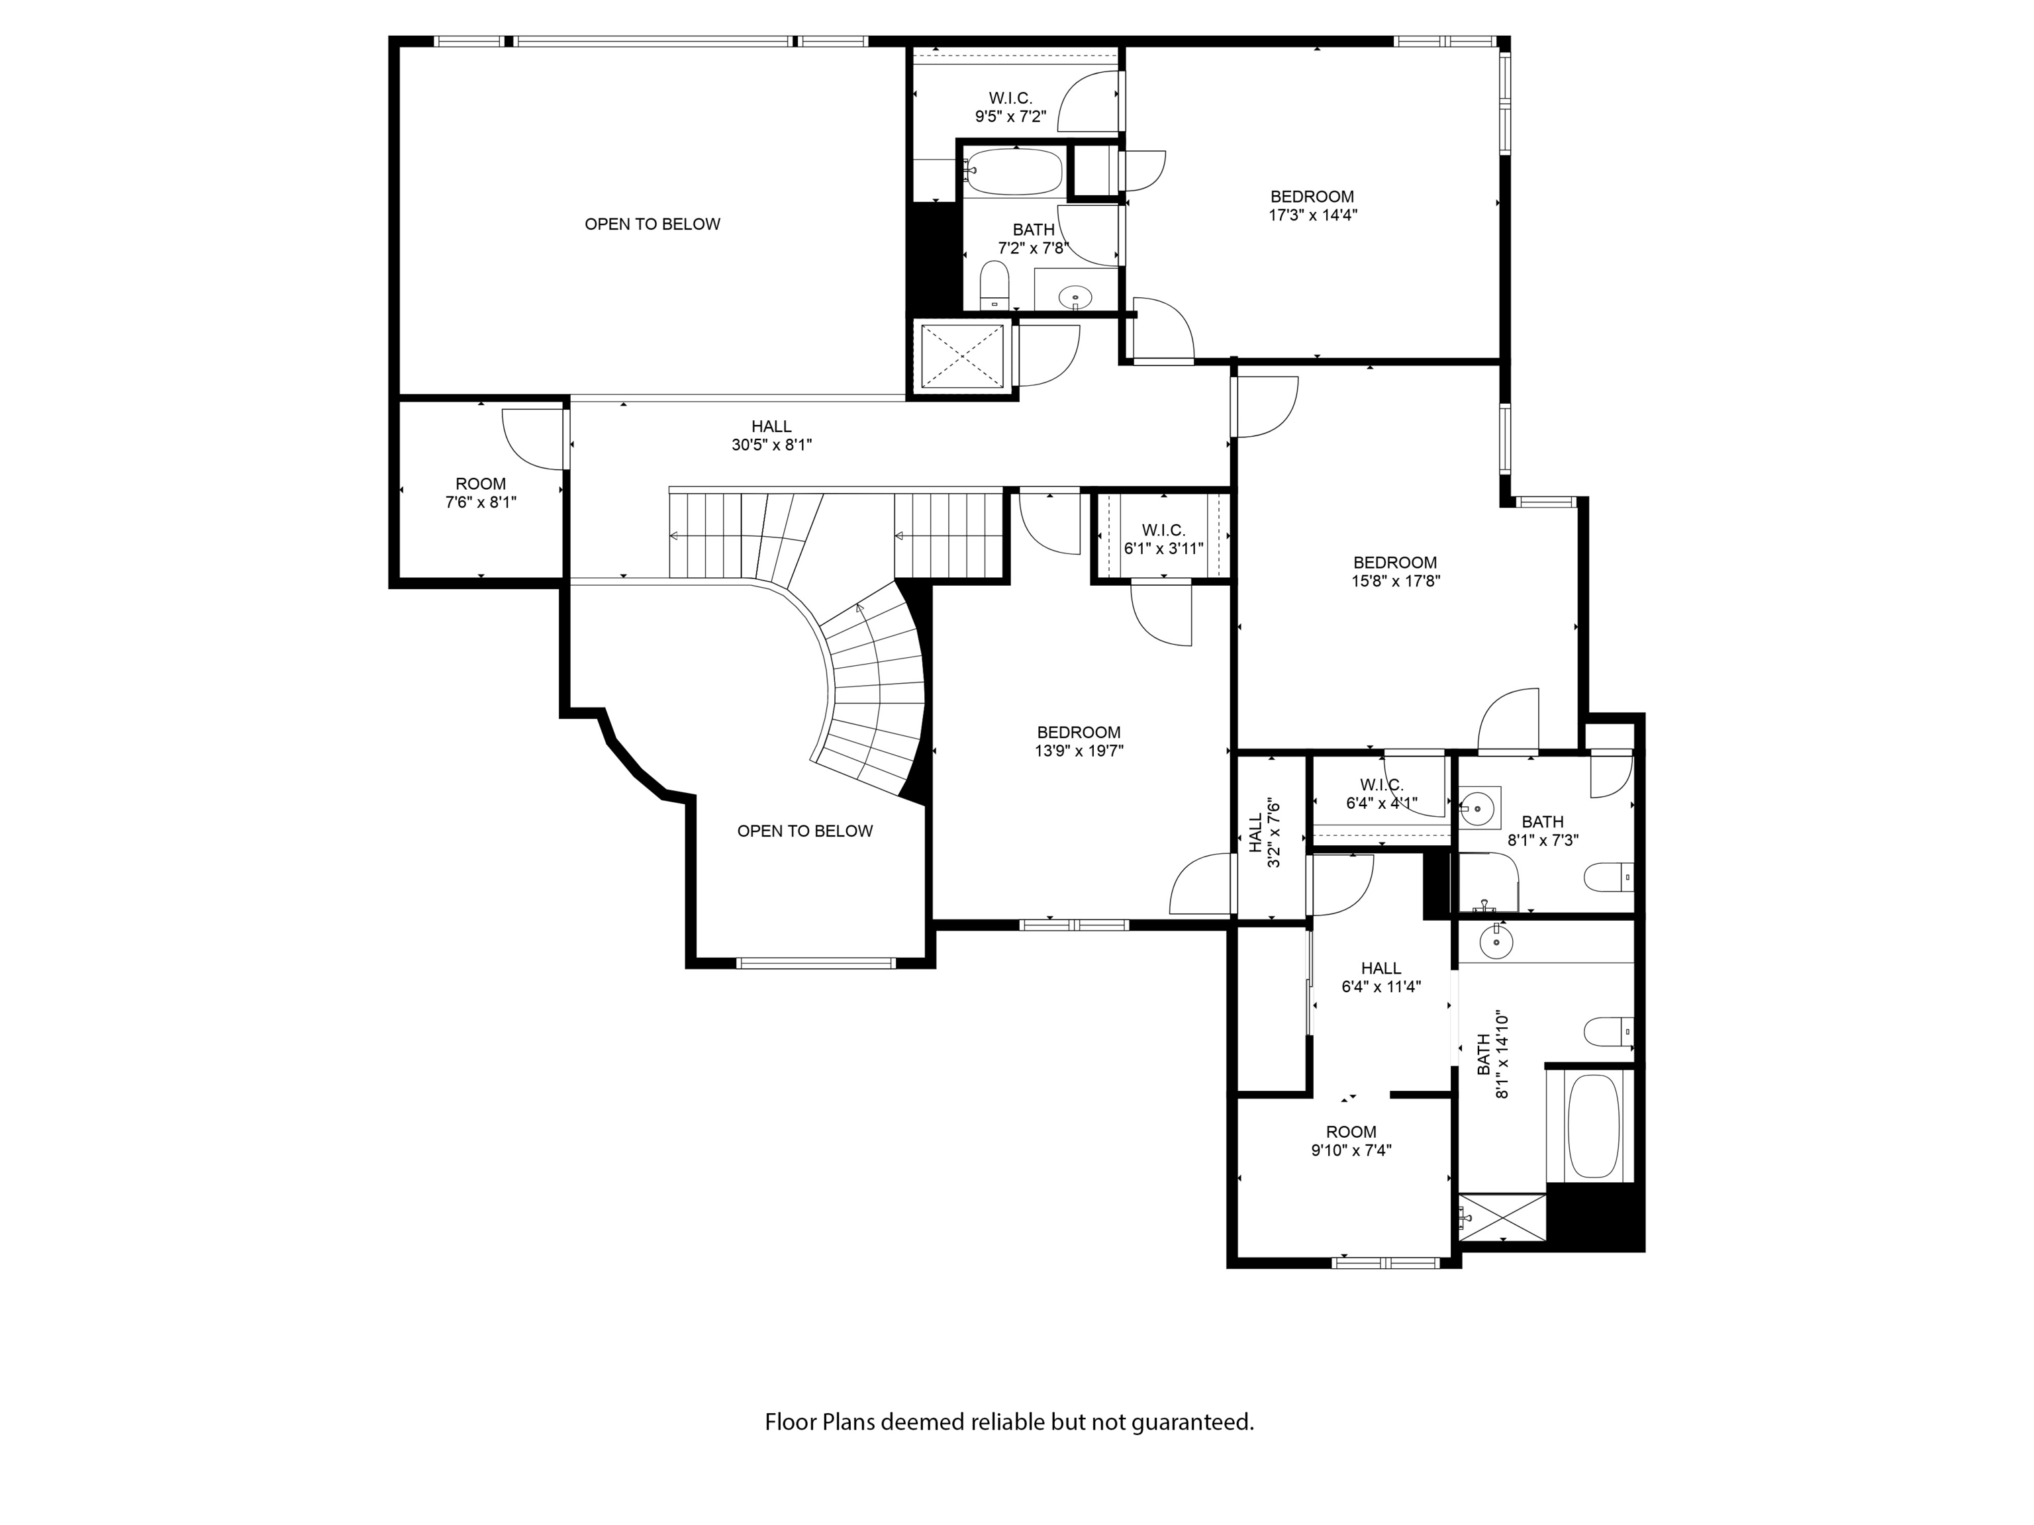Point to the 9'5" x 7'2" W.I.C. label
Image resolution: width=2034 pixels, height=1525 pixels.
pos(1010,107)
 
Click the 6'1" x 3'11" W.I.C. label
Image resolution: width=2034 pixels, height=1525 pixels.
pos(1163,539)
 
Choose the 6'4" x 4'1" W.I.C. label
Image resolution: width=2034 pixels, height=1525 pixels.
pos(1381,794)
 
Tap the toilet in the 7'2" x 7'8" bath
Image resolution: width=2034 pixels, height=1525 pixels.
pos(994,284)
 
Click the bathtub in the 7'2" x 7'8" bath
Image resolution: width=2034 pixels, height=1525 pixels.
pos(1014,172)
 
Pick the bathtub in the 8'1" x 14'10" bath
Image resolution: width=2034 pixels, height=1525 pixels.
pos(1592,1127)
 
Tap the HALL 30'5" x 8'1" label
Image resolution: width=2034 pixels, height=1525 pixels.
pos(771,436)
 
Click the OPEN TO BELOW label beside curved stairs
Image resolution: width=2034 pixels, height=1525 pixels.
pos(804,831)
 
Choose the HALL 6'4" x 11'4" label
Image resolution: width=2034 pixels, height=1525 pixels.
pos(1380,977)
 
